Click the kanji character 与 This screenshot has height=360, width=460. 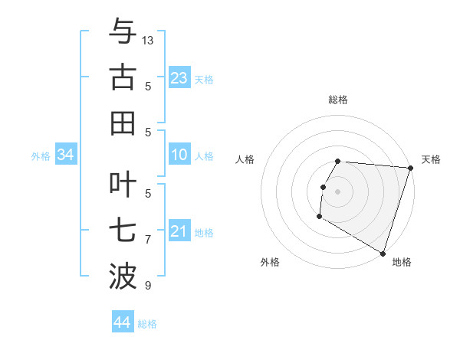[123, 32]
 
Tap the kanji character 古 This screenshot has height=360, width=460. [123, 77]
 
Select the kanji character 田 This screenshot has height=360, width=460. [123, 123]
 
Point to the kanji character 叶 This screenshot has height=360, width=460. [123, 185]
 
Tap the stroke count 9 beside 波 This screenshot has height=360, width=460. [148, 286]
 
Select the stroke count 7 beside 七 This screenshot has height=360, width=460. [148, 239]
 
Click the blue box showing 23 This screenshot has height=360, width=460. [179, 78]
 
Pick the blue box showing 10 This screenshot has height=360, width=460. [179, 155]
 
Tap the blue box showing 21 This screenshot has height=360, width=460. [179, 231]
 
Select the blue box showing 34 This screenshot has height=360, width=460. [65, 155]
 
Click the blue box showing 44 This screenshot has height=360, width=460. [122, 322]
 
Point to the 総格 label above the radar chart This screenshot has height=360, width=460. [338, 100]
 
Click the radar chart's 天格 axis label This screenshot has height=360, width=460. [431, 159]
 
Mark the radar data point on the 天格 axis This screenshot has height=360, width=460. [410, 168]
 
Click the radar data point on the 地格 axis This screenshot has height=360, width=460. [382, 253]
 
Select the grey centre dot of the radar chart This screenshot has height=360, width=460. [338, 191]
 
